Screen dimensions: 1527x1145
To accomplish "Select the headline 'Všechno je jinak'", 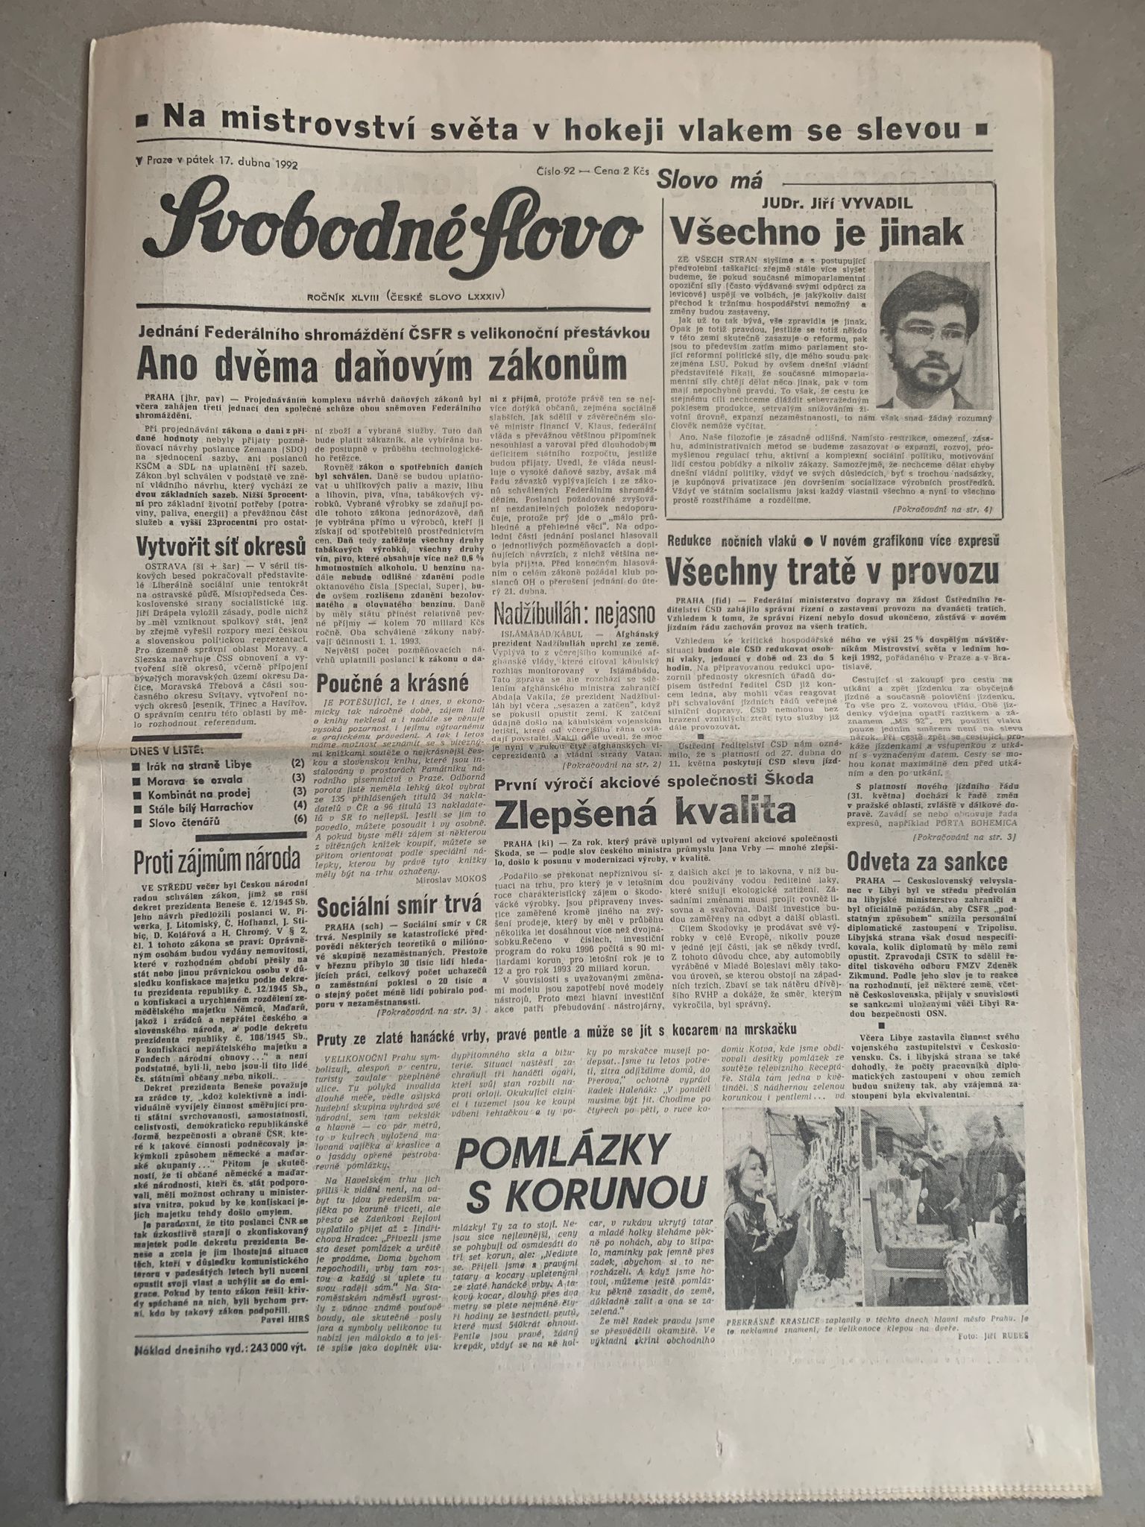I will [x=817, y=233].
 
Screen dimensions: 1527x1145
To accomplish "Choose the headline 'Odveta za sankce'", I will [x=930, y=863].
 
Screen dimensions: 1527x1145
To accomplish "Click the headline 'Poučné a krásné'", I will [x=391, y=681].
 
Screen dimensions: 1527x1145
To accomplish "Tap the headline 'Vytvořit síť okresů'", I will [x=221, y=546].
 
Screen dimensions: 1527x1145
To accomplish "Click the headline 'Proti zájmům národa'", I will [x=217, y=861].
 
